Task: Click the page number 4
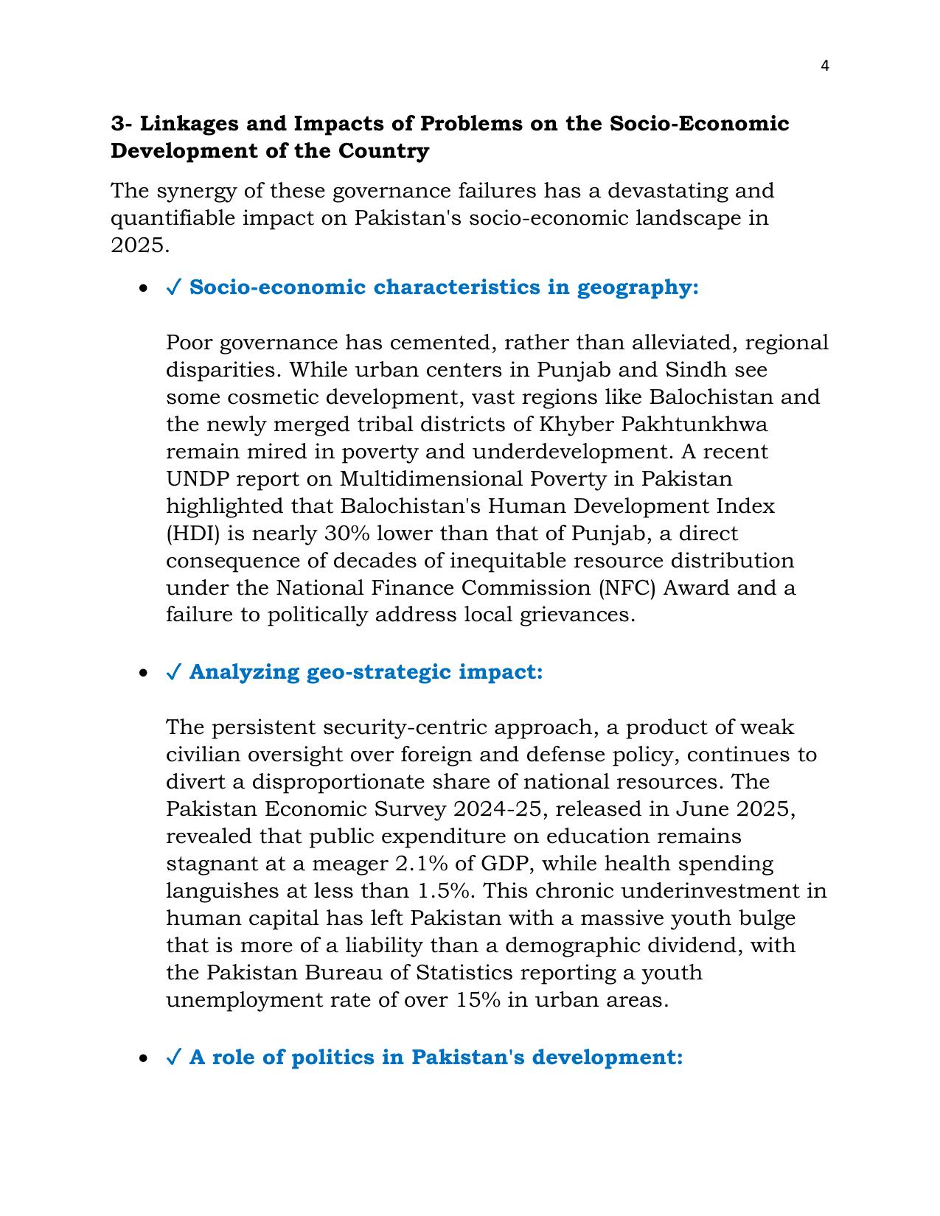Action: tap(824, 66)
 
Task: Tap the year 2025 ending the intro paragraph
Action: tap(139, 245)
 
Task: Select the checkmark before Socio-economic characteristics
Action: tap(174, 287)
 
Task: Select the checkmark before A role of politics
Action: tap(174, 1058)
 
